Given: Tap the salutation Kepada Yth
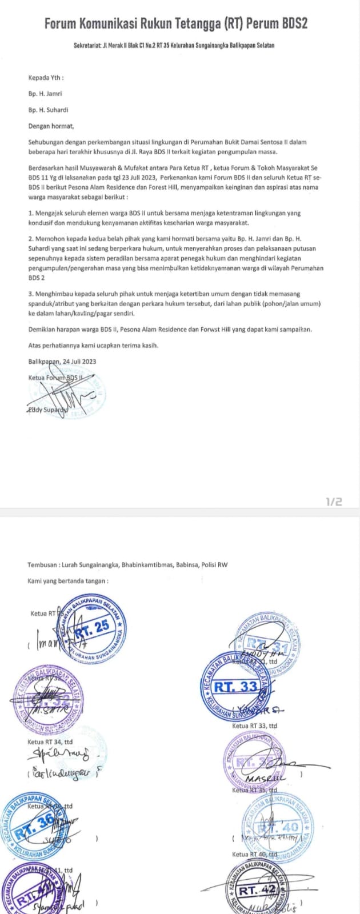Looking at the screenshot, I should (x=46, y=78).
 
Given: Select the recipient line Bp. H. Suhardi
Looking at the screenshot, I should (x=48, y=110).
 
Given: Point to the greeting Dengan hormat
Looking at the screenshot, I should (x=51, y=126).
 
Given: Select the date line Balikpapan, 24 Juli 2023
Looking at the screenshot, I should (x=62, y=361).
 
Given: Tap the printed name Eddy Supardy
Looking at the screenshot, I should (x=47, y=410).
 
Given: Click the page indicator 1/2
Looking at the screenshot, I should (x=334, y=502).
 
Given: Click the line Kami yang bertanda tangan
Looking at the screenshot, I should (x=68, y=581).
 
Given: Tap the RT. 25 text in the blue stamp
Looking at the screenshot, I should (x=93, y=627).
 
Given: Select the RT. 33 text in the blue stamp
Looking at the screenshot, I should (x=239, y=686).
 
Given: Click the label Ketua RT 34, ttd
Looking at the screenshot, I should (x=50, y=742).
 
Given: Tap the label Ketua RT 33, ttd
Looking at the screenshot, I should (x=255, y=726).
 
